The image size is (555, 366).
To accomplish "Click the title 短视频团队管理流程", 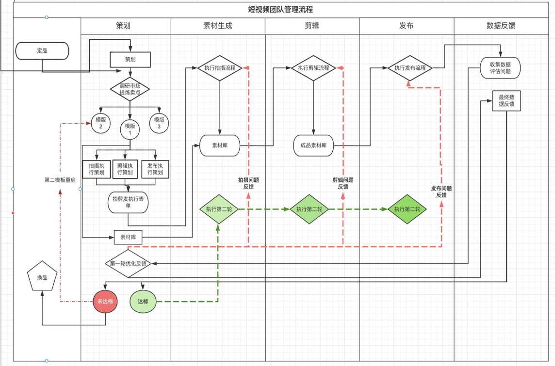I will click(280, 10).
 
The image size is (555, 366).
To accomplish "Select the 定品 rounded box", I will click(42, 51).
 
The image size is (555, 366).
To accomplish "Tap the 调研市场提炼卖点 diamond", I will click(130, 89).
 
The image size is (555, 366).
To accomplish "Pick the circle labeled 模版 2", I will click(101, 123).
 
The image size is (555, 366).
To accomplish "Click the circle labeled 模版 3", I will click(159, 123).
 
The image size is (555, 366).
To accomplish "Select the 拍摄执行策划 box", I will click(97, 169).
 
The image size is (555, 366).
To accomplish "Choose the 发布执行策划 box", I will click(155, 169).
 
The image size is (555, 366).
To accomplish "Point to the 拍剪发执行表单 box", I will click(128, 202).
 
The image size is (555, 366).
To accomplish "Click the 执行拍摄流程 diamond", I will click(220, 68).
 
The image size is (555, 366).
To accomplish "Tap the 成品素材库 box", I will click(313, 145).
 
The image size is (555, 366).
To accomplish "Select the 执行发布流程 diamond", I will click(410, 68).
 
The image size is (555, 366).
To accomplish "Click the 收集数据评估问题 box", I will click(500, 68).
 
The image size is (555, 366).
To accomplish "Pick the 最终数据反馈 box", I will click(506, 100).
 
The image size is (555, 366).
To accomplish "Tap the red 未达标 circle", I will click(105, 302).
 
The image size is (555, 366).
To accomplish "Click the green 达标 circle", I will click(143, 302).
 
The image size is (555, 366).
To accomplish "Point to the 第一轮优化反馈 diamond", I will click(128, 264).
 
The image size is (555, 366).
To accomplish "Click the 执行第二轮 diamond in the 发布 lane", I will click(408, 209).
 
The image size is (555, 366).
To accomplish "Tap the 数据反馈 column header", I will click(501, 26).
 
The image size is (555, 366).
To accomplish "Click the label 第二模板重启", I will click(60, 180).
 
